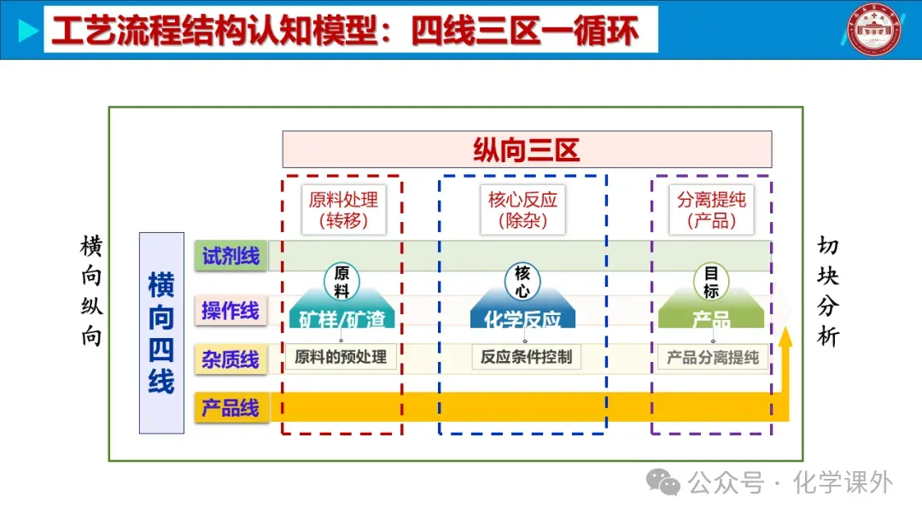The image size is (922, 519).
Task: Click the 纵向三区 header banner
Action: coord(527,149)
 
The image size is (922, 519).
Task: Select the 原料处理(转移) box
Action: coord(342,210)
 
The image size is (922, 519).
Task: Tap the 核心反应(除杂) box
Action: coord(522,210)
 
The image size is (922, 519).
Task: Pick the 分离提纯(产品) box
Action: coord(711,210)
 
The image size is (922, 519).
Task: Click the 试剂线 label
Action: coord(230,255)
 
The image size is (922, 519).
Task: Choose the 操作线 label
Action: coord(230,309)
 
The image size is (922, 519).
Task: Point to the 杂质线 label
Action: coord(230,359)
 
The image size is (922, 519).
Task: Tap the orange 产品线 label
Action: coord(230,408)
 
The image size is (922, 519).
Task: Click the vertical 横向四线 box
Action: coord(161,333)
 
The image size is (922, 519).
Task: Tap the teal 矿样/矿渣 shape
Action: coord(341,317)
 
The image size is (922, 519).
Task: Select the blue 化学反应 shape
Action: coord(522,317)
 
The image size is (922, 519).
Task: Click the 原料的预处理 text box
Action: coord(341,357)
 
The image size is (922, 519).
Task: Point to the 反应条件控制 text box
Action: coord(526,357)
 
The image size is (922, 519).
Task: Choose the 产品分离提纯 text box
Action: coord(713,358)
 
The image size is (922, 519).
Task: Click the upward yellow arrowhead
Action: coord(785,335)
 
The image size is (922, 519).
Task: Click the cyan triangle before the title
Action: coord(28,32)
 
